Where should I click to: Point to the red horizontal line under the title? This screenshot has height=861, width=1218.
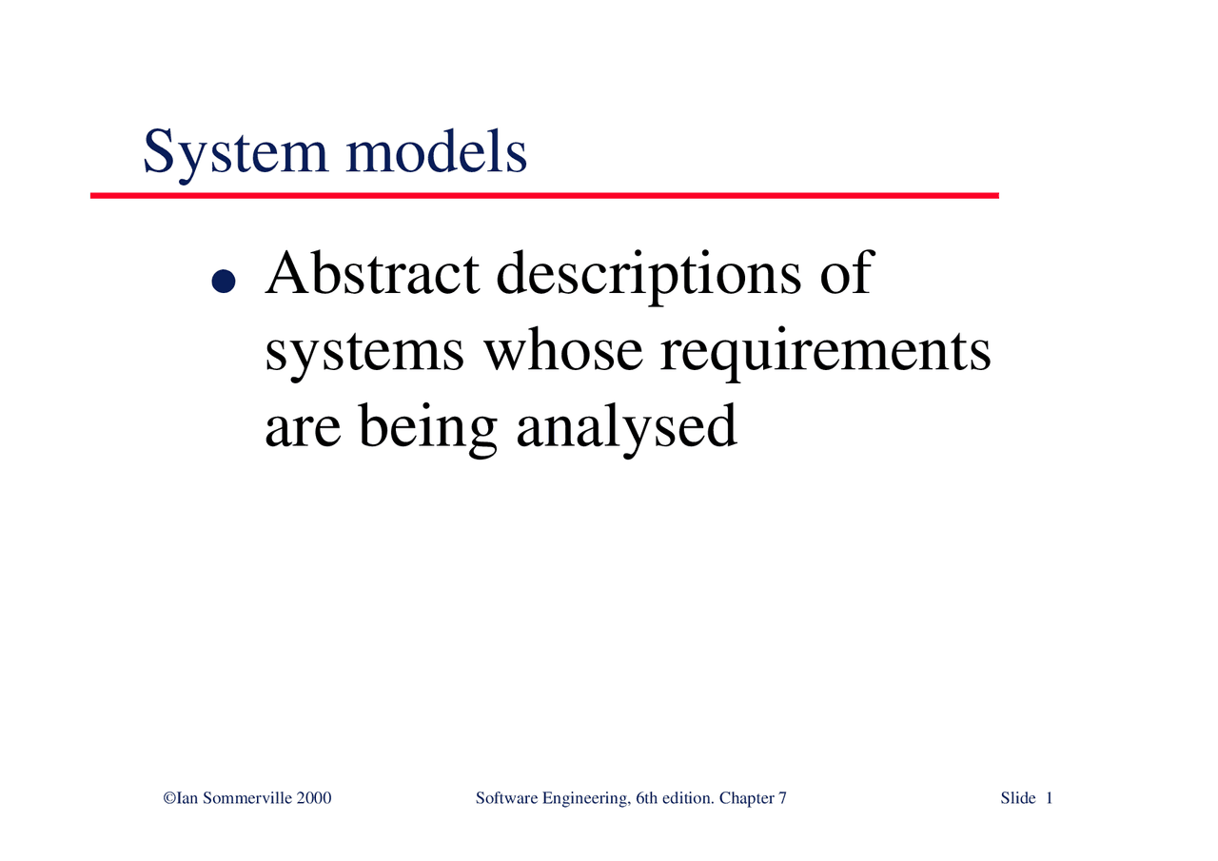coord(544,195)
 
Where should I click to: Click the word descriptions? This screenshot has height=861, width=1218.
coord(647,276)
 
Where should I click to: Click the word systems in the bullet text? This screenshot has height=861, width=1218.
coord(364,354)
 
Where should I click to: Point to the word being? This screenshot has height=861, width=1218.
coord(427,430)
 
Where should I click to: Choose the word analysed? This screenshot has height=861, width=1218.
coord(626,430)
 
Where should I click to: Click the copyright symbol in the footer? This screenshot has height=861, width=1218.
coord(168,798)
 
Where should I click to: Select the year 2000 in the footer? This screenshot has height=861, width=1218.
coord(314,798)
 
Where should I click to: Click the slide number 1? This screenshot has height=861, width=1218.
coord(1049,798)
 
